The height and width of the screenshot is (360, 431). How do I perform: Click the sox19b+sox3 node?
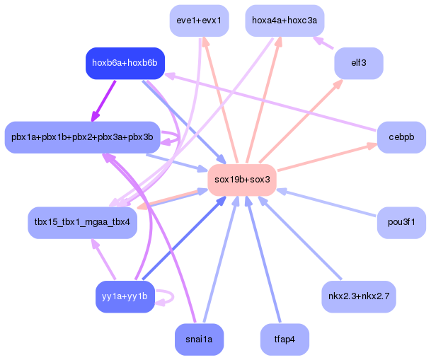(242, 180)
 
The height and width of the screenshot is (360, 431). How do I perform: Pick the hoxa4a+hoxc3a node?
(285, 21)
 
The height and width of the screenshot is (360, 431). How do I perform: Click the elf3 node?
(358, 63)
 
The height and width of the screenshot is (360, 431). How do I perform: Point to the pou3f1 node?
(401, 222)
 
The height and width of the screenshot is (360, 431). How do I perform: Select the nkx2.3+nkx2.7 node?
(358, 296)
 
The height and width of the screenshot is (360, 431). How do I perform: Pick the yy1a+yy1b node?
(125, 296)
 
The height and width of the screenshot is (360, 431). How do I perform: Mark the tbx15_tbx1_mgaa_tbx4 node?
(82, 222)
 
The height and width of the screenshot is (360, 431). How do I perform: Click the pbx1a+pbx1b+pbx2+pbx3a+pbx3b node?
(82, 137)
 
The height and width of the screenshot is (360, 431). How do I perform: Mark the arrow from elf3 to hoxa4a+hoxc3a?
(323, 42)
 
